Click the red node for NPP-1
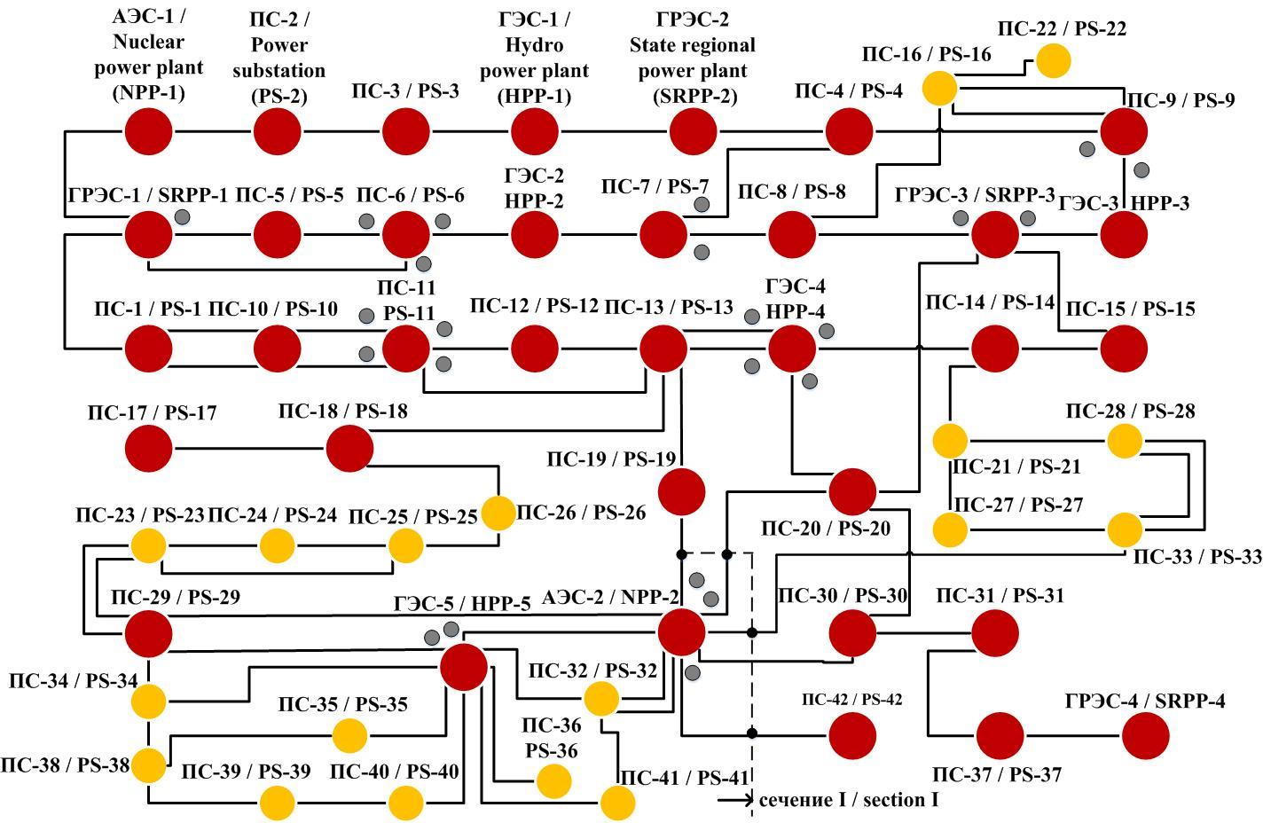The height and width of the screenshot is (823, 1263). [x=148, y=132]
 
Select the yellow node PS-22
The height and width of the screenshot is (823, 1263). [x=1054, y=61]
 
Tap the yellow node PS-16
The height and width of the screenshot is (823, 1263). [x=939, y=89]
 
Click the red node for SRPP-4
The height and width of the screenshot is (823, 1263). [x=1146, y=735]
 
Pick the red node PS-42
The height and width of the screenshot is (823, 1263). [x=852, y=734]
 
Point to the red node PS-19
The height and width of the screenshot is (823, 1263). [x=681, y=490]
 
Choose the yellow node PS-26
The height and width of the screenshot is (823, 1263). [x=498, y=513]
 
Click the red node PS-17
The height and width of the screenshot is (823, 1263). [x=148, y=448]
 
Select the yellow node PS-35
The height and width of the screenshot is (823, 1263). [x=349, y=735]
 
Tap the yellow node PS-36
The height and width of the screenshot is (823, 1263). [x=554, y=781]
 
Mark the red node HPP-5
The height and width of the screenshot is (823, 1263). [x=464, y=667]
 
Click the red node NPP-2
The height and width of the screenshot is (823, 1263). [x=681, y=632]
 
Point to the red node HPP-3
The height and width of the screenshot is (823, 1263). [x=1124, y=235]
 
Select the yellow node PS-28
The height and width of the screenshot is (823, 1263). [x=1125, y=440]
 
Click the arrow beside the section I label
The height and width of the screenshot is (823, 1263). [x=736, y=800]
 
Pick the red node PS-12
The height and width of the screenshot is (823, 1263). [x=535, y=348]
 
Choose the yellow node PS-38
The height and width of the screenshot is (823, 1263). [x=148, y=764]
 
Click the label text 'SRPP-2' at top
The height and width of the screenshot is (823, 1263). [x=694, y=96]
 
